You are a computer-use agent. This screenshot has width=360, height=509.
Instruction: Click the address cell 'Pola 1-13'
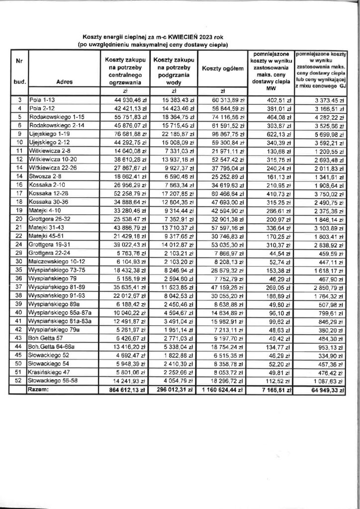point(43,100)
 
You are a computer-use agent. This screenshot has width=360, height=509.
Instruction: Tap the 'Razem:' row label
point(43,391)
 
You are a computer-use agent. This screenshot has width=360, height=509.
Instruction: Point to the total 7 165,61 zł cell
point(272,391)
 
